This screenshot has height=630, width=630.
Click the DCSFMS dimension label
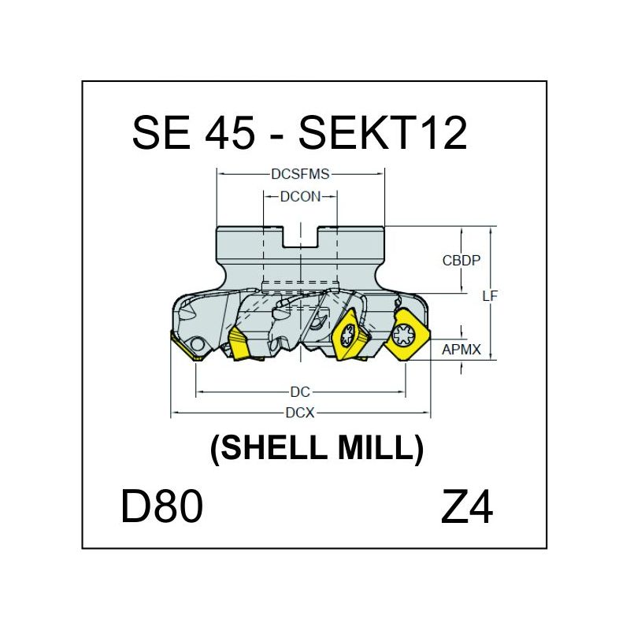point(300,174)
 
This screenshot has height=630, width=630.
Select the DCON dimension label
point(300,197)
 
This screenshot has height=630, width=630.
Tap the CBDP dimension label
point(461,261)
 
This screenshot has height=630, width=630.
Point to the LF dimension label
point(490,296)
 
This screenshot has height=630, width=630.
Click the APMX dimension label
point(461,350)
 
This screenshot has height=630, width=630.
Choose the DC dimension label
point(300,391)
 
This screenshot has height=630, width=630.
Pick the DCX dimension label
point(300,413)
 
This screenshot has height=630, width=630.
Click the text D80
point(162,506)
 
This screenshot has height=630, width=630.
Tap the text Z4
point(466,506)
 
